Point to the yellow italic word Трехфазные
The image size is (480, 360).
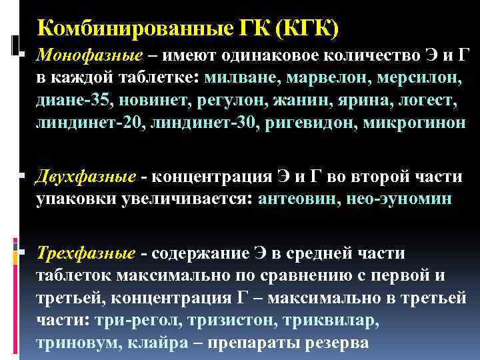coord(86,254)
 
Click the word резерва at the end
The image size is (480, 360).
coord(331,343)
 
